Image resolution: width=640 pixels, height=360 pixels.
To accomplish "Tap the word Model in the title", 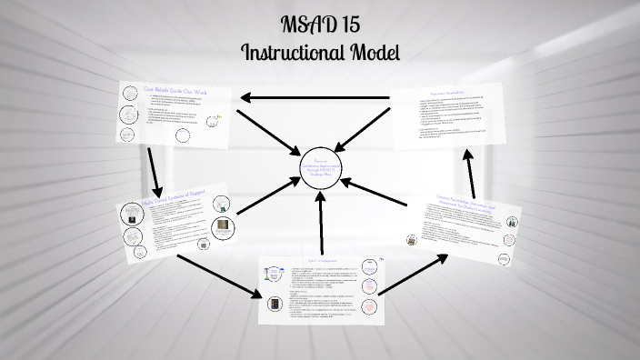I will (372, 51).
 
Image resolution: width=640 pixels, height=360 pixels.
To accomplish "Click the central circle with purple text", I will (323, 166).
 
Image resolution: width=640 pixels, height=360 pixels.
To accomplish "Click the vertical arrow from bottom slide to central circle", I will (321, 225).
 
